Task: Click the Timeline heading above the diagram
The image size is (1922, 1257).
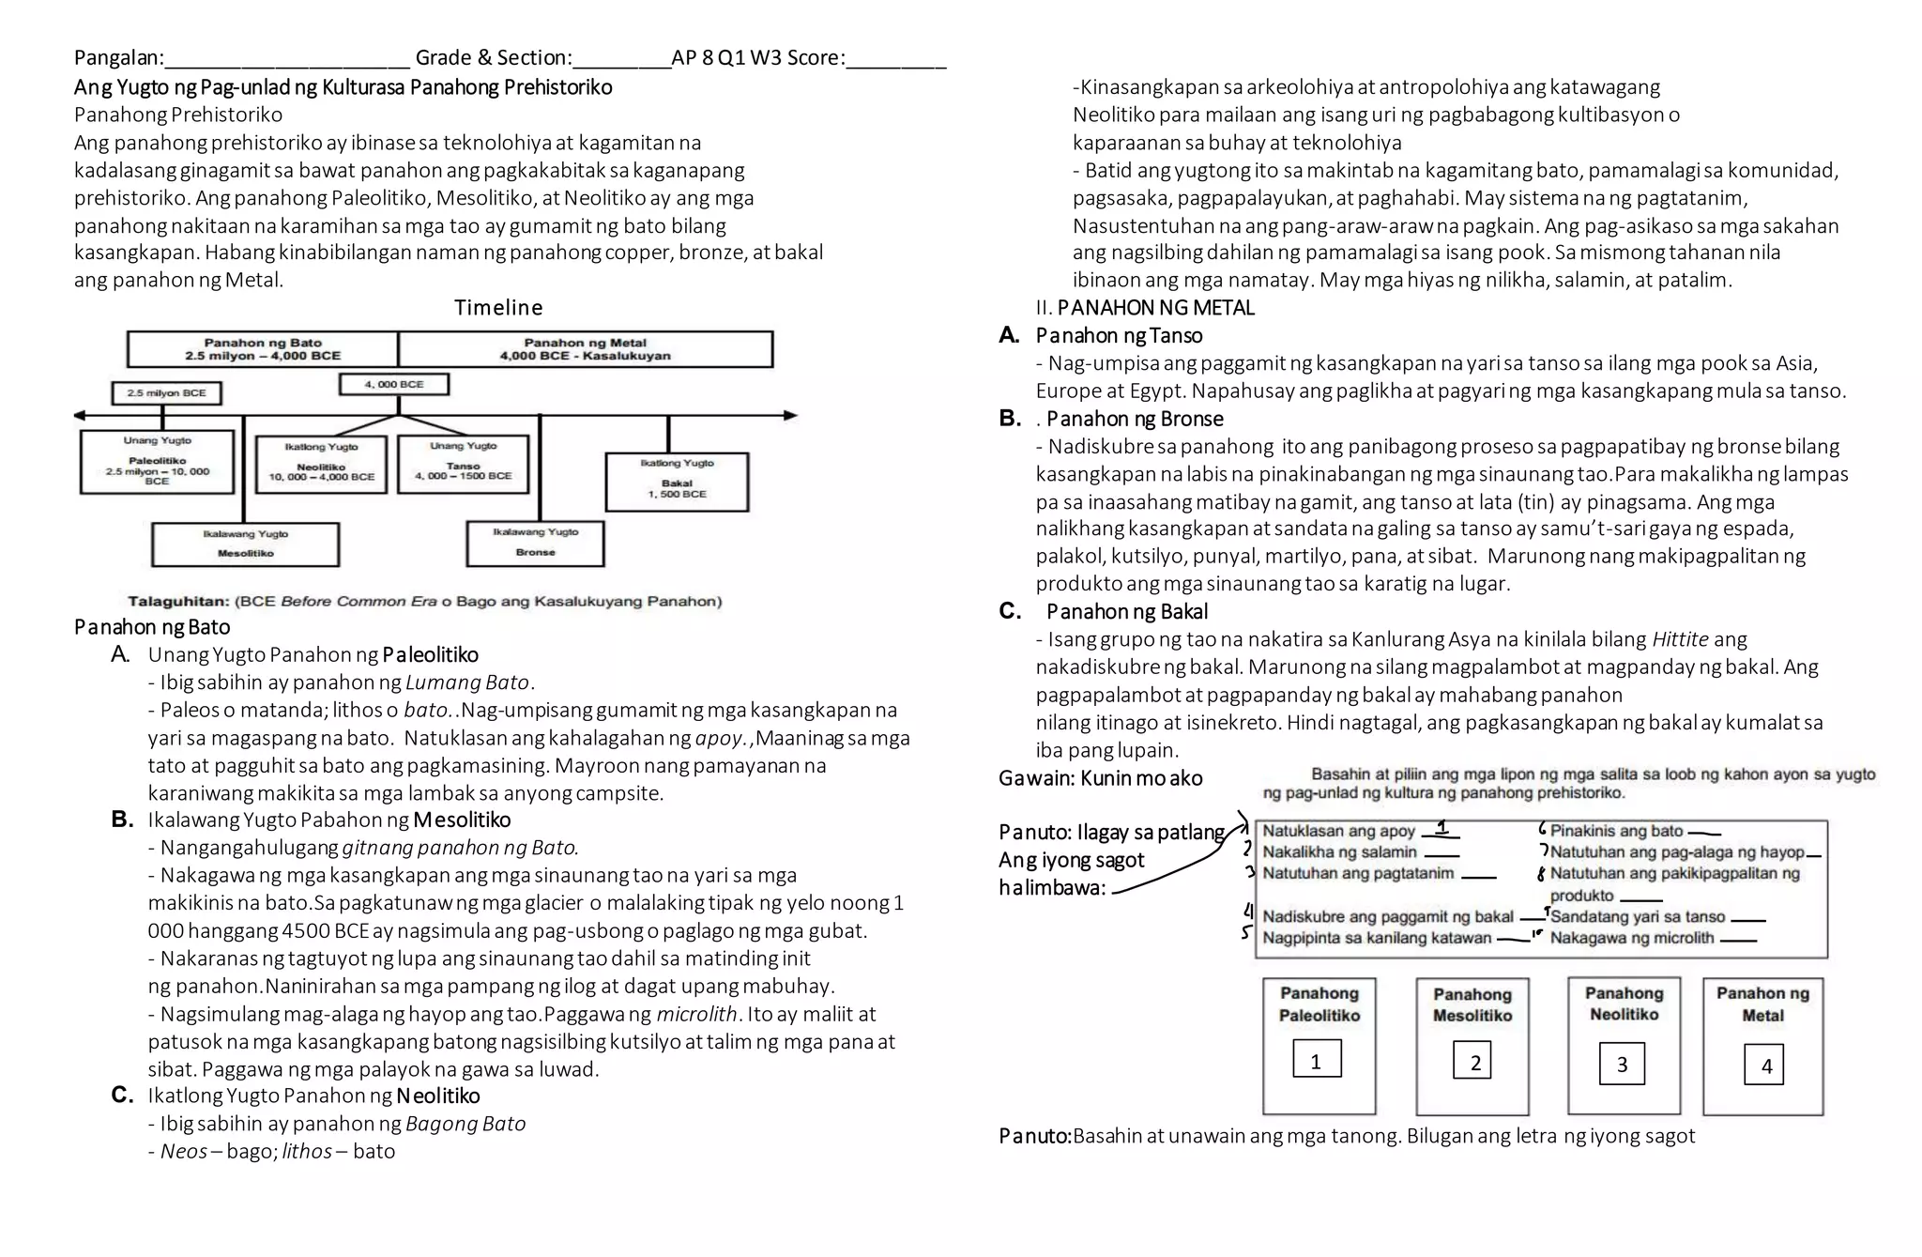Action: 498,308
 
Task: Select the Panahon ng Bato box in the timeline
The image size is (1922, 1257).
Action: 263,349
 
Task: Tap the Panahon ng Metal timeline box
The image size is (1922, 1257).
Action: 585,349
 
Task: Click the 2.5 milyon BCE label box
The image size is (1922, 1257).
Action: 166,393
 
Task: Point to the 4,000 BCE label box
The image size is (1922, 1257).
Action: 393,384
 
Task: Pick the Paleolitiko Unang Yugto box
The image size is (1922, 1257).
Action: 157,461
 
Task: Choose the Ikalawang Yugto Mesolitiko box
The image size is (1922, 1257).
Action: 245,544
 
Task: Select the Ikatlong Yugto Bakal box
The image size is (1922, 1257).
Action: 677,482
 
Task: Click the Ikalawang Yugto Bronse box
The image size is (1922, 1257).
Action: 535,544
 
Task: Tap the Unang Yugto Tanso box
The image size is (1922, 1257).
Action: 463,464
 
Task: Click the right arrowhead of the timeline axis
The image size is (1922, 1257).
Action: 790,415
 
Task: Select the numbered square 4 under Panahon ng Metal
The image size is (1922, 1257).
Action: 1765,1065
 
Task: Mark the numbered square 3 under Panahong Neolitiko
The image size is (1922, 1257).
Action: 1621,1064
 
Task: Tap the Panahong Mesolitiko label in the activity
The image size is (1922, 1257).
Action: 1472,1004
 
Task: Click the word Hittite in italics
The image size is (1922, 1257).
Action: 1679,639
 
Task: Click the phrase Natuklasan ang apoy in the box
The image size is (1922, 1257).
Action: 1338,831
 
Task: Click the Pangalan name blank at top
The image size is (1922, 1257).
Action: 286,59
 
